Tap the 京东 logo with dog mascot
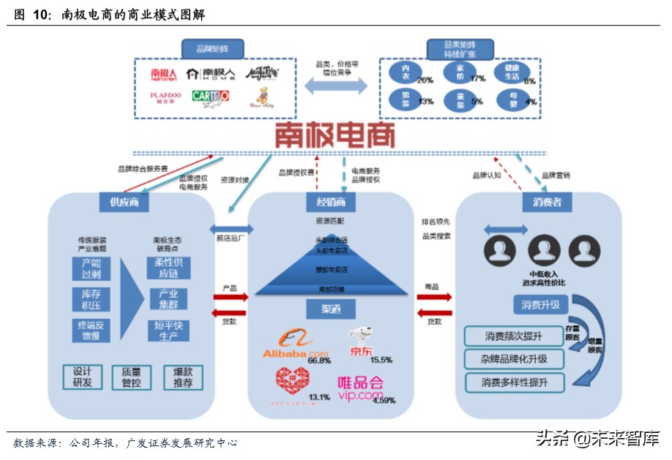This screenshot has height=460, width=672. point(360,342)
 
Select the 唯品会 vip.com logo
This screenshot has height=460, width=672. point(360,388)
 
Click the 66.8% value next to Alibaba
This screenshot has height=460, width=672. point(319,361)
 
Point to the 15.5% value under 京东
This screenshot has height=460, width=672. point(381,360)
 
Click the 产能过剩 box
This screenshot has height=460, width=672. point(91,269)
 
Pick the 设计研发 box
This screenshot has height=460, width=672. point(82,377)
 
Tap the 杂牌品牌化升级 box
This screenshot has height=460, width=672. point(515,359)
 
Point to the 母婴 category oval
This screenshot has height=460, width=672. point(511,99)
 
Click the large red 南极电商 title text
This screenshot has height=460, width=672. point(335,135)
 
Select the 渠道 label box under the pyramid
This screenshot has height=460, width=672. point(331,309)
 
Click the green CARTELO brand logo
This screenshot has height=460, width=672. point(211,96)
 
